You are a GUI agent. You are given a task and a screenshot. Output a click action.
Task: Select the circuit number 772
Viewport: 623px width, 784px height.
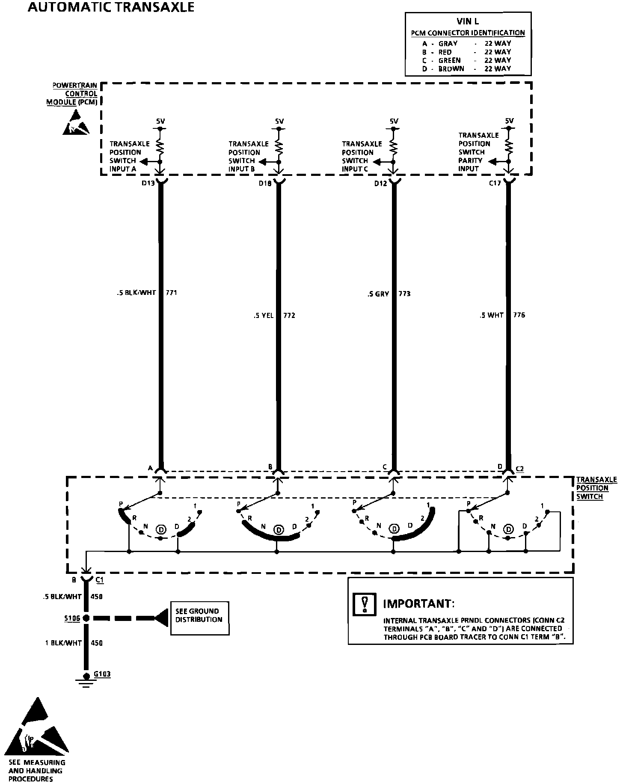289,315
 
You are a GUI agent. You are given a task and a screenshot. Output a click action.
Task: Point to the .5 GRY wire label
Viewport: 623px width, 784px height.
378,294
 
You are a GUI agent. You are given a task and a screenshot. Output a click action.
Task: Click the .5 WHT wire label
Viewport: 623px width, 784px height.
492,315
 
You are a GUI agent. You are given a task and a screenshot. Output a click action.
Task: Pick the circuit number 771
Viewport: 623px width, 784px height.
171,293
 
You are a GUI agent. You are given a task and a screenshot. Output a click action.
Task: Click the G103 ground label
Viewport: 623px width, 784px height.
102,674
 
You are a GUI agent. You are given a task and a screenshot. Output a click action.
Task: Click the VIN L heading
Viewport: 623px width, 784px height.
468,22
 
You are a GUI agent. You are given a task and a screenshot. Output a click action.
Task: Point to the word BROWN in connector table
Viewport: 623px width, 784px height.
451,68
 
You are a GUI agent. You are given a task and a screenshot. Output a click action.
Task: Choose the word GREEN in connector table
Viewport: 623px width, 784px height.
449,60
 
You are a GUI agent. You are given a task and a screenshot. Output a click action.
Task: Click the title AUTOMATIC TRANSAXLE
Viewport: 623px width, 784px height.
111,7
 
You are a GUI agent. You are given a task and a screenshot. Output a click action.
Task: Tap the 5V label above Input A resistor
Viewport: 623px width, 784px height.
160,122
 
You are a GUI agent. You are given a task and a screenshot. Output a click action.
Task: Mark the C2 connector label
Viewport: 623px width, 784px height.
519,469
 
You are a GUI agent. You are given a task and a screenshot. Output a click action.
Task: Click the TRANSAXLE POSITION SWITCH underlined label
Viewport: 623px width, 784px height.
596,488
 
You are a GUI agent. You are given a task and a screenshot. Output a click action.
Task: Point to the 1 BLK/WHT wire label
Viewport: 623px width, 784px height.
63,643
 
